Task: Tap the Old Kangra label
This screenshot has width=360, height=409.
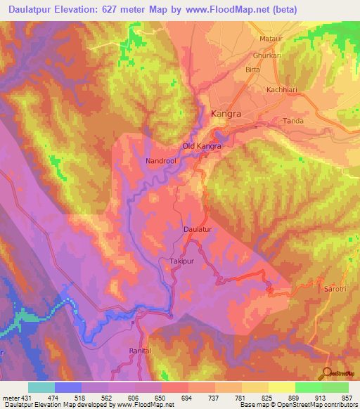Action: pos(202,146)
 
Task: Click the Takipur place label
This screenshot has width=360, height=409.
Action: pos(181,261)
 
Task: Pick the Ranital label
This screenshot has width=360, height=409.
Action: pos(141,349)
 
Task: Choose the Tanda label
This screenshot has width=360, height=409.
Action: pos(293,121)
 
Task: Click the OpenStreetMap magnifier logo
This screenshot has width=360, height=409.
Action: pos(328,375)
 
